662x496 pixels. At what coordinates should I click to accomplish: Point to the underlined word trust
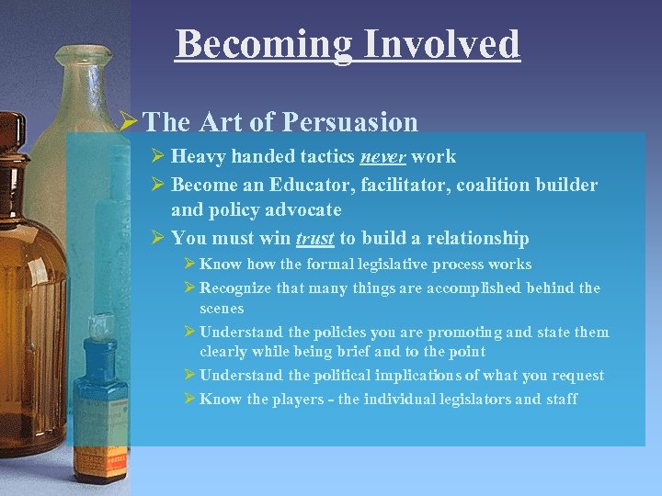click(314, 239)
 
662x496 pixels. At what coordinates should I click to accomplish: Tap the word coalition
click(502, 186)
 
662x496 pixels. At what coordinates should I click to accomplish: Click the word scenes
click(222, 309)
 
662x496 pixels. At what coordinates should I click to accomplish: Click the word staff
click(560, 399)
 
